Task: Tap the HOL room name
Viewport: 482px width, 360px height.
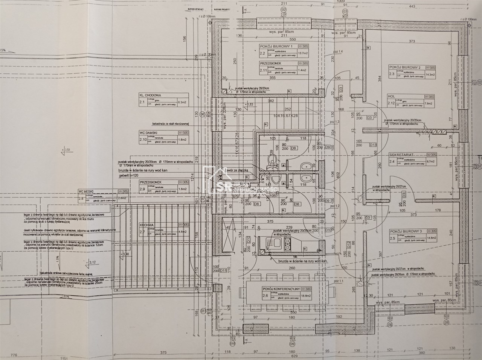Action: [391, 96]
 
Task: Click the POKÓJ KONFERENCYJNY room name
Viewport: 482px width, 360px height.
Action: [281, 289]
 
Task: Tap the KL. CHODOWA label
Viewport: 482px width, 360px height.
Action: [151, 96]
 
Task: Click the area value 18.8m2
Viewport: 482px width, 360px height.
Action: [304, 296]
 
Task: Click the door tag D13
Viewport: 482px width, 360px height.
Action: [373, 144]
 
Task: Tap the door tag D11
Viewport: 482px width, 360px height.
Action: [223, 270]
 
